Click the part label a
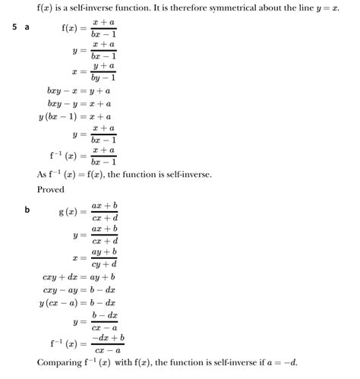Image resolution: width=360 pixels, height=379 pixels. tap(27, 27)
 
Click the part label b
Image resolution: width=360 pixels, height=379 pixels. tap(27, 210)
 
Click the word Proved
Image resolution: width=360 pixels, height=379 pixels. tap(51, 190)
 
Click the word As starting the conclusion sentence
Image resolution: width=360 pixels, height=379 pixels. tap(43, 175)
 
